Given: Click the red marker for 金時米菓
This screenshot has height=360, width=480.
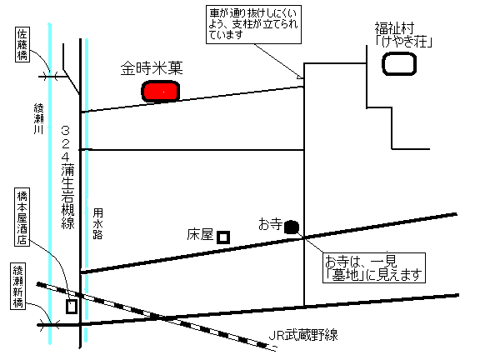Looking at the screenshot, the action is [x=160, y=91].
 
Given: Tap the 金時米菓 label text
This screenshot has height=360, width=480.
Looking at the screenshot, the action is [x=152, y=68].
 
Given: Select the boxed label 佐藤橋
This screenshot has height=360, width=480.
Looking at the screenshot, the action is [x=22, y=45].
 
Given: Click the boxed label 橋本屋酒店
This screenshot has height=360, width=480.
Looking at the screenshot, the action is [x=22, y=217].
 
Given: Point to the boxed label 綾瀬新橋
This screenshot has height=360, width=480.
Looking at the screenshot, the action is [x=17, y=286].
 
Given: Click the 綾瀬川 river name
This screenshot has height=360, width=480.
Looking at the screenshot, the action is [x=39, y=119].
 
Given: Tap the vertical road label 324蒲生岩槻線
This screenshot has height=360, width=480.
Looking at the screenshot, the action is [x=67, y=177].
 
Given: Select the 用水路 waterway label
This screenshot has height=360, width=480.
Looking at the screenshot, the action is [x=97, y=223].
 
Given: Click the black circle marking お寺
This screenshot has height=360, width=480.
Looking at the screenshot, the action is [x=292, y=227].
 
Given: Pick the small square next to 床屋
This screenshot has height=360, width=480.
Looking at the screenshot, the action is [x=223, y=237].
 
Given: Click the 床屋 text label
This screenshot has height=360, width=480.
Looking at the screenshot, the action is [x=200, y=235].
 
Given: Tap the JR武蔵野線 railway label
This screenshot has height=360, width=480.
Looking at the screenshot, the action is [x=303, y=335].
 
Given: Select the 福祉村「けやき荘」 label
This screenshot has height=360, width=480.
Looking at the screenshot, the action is [x=403, y=35].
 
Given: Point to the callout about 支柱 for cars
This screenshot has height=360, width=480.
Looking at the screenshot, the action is [x=253, y=24].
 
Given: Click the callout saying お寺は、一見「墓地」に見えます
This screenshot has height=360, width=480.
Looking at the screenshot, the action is [x=374, y=267].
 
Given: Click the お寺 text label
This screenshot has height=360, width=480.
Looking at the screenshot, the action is [x=270, y=224].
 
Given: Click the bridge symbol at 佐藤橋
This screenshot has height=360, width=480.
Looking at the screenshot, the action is [x=50, y=76].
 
